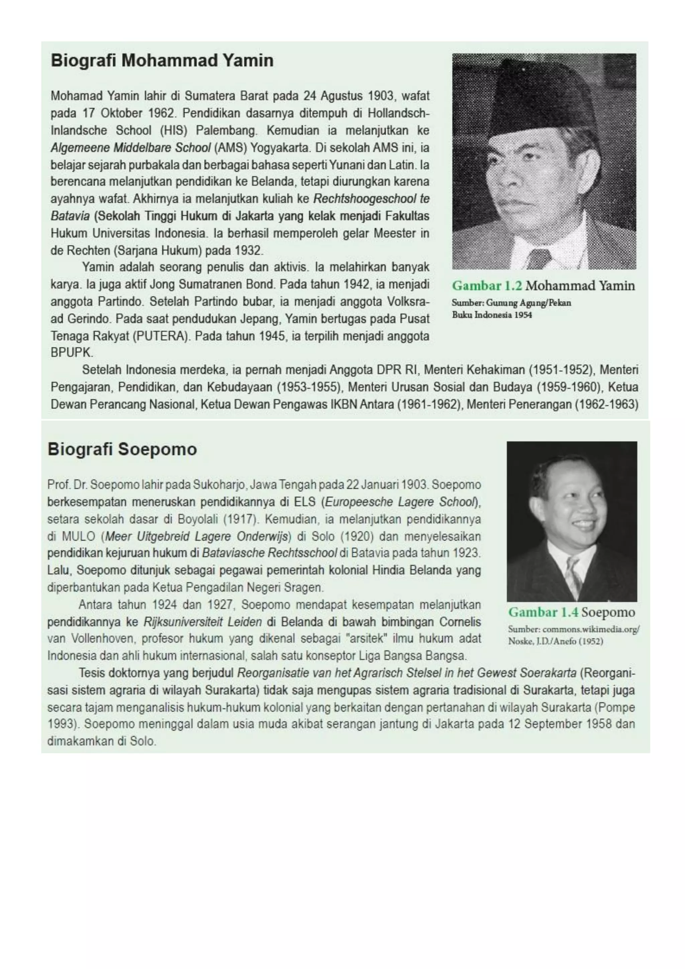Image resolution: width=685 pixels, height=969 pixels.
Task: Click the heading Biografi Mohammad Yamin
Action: (162, 60)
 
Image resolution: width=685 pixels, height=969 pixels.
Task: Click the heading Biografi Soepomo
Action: (122, 449)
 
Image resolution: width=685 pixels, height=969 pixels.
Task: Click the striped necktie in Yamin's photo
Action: (538, 257)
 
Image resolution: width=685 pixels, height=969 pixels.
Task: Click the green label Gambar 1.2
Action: (487, 286)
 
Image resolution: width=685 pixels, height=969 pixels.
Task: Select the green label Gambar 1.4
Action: (543, 612)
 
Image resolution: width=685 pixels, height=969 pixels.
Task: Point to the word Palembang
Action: (226, 130)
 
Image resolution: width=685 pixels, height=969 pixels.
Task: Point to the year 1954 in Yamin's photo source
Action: (523, 315)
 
